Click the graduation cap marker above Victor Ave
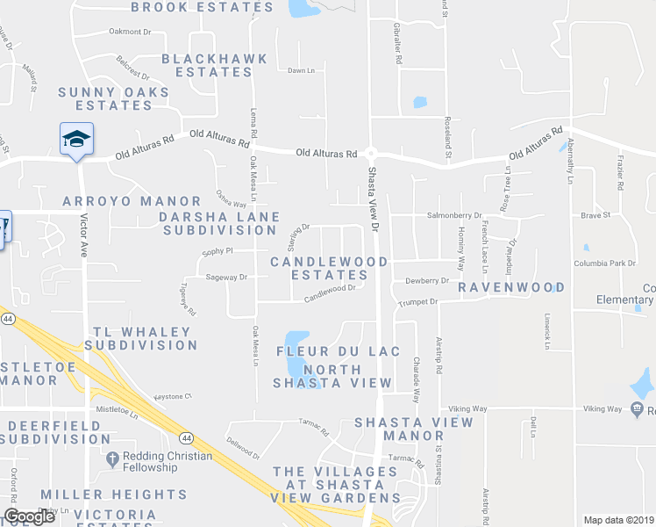(76, 139)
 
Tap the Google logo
(29, 517)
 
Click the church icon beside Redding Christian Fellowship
(111, 458)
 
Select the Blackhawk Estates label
(207, 66)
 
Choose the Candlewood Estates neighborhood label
(329, 268)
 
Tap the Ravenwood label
(510, 287)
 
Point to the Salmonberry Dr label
(454, 215)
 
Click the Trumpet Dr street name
(419, 301)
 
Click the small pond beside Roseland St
(420, 102)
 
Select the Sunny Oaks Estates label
(106, 98)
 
